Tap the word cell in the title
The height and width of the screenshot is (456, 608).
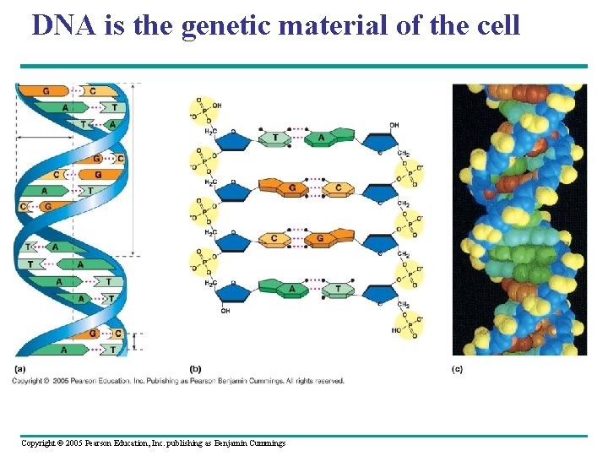[x=497, y=26]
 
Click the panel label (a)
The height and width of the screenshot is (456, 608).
[x=19, y=369]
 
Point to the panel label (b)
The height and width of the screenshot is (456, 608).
[x=195, y=369]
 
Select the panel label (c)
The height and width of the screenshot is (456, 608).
[x=457, y=369]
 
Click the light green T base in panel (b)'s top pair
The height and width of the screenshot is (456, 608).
[x=274, y=138]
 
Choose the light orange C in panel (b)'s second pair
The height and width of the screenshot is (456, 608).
[x=339, y=187]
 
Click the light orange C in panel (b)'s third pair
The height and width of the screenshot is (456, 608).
[x=274, y=239]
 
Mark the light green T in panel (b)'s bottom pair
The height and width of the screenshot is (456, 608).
[x=339, y=289]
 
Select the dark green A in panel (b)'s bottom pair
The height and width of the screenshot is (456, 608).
[x=292, y=289]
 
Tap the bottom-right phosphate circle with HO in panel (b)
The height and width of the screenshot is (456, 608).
[x=409, y=326]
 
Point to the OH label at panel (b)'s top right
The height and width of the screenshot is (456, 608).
[x=394, y=125]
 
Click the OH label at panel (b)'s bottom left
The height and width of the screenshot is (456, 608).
[x=225, y=310]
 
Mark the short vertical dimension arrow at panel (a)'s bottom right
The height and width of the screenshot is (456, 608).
[x=139, y=340]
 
